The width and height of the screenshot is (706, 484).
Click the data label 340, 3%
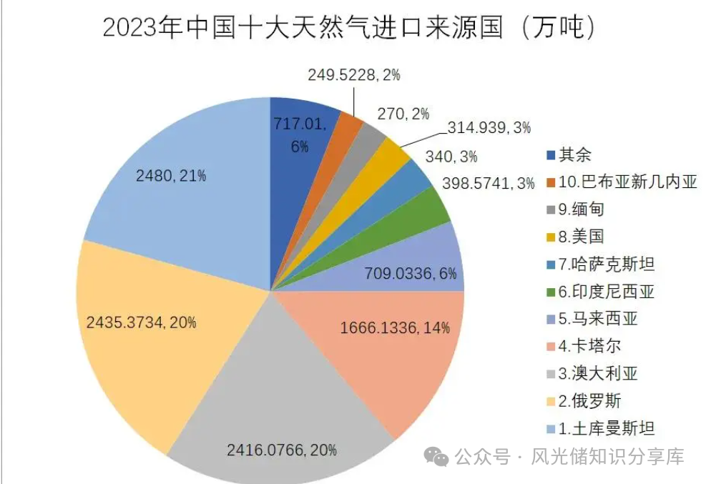451,157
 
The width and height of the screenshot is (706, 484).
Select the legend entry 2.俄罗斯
589,401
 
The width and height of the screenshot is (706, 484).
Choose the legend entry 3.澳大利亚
598,374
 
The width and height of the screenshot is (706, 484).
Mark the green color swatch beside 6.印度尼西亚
551,292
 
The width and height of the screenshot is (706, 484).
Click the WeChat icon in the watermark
436,455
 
